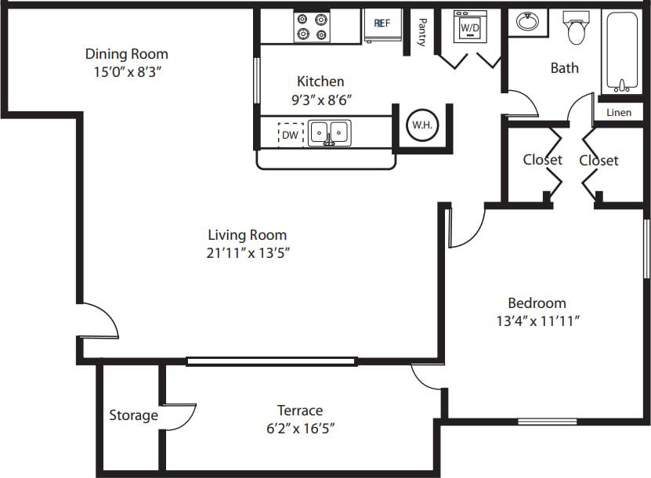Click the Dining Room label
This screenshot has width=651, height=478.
(126, 54)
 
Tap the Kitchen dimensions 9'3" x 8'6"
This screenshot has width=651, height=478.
(320, 100)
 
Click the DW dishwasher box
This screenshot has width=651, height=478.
(291, 135)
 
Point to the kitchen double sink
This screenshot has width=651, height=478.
(329, 132)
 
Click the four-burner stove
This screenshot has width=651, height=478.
(310, 27)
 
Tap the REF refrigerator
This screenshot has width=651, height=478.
(382, 24)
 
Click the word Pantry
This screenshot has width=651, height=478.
(421, 33)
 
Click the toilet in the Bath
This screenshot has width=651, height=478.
(577, 27)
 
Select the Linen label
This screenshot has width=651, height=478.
(619, 113)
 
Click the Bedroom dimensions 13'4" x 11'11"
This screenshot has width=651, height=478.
(537, 320)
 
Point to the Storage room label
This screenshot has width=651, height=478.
(133, 415)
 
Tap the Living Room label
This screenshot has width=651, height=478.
(247, 234)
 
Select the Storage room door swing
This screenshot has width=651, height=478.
(182, 415)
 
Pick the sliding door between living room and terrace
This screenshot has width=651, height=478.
(272, 361)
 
